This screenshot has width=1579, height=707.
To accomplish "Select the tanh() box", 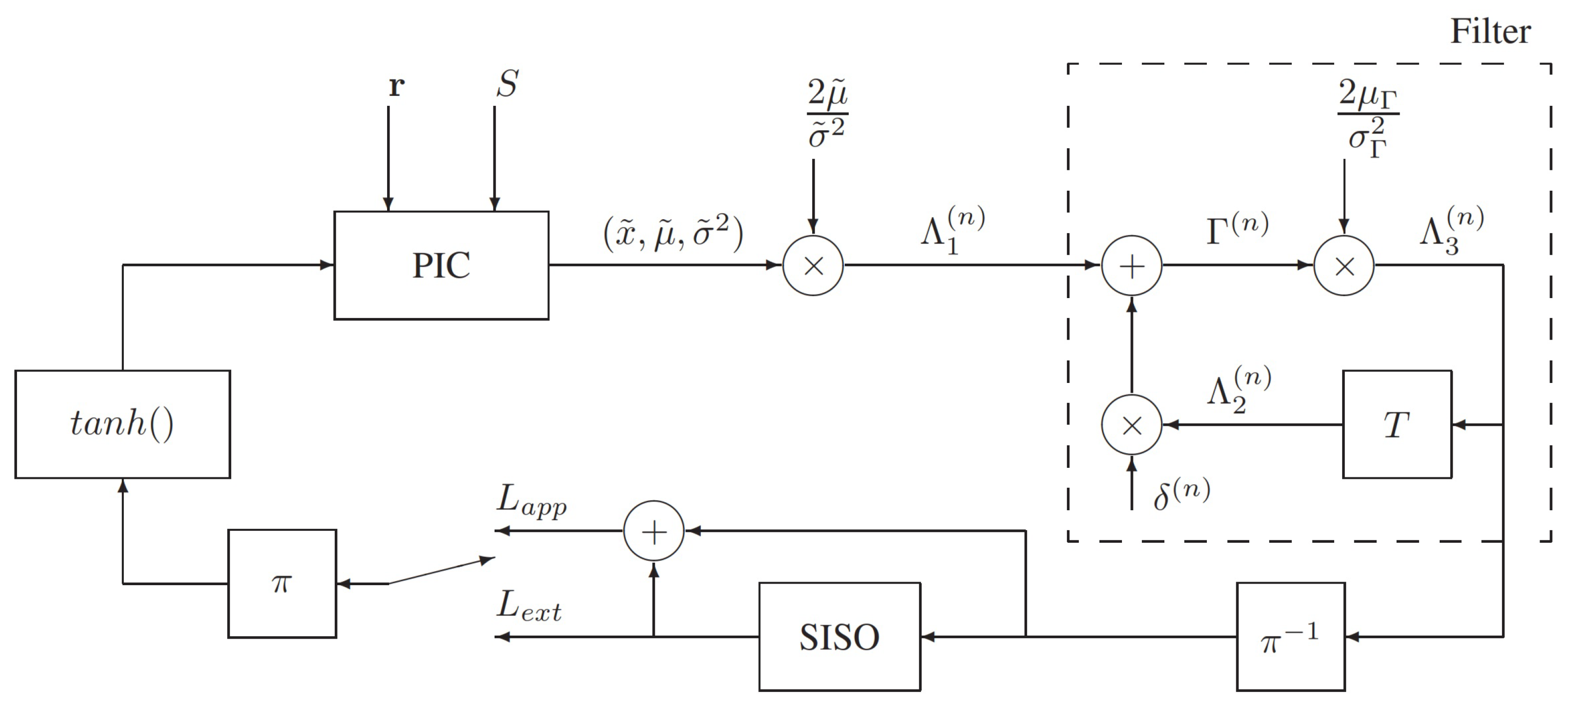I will (x=122, y=424).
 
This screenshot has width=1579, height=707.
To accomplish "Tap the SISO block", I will (x=839, y=637).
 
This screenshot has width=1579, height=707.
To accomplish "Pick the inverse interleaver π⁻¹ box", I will (x=1290, y=637).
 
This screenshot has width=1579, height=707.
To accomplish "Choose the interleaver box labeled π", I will (x=282, y=583).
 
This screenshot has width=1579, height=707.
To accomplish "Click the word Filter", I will (x=1490, y=32).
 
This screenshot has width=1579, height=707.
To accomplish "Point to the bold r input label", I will (x=396, y=86).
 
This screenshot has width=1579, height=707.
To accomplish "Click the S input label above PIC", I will (x=507, y=84).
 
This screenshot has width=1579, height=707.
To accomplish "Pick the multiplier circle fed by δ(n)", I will (x=1131, y=424).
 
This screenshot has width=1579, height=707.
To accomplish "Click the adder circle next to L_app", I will (x=653, y=531).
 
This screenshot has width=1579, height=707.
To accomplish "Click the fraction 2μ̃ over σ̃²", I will (x=827, y=114).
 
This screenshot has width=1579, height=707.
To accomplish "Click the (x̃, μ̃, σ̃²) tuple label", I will (x=673, y=233).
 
